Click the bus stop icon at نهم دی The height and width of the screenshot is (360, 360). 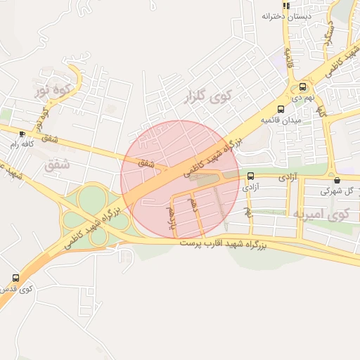[x=302, y=88]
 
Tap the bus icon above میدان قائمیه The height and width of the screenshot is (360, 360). [x=281, y=109]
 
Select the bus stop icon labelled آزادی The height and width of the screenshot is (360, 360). [x=251, y=176]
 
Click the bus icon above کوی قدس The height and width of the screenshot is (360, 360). [x=15, y=278]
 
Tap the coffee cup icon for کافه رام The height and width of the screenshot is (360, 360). [x=22, y=133]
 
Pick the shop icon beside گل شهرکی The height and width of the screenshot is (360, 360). [x=337, y=180]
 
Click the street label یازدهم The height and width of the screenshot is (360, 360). [x=171, y=218]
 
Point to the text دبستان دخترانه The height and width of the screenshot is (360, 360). [x=286, y=15]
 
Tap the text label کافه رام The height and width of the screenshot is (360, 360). [x=21, y=144]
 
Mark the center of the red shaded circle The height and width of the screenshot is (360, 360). [x=180, y=179]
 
